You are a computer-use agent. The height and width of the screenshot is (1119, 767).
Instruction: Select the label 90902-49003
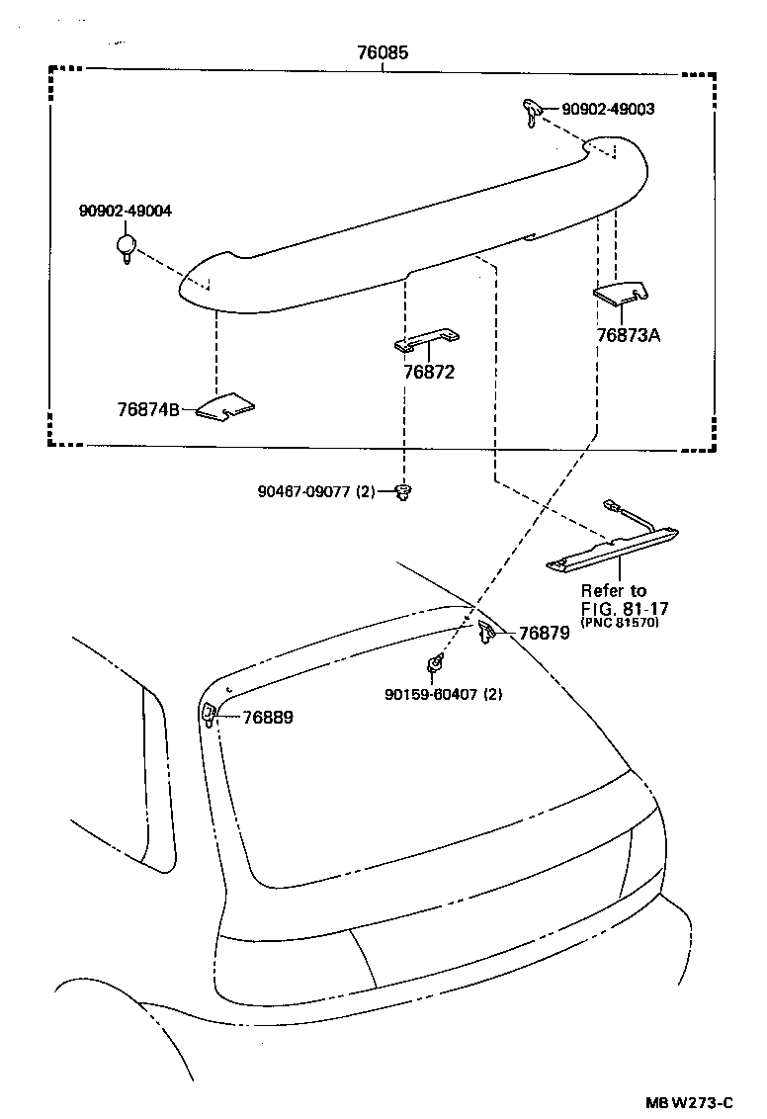coord(608,110)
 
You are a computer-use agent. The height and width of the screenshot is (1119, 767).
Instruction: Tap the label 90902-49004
coord(126,211)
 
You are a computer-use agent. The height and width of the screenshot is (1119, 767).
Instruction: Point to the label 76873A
coord(628,334)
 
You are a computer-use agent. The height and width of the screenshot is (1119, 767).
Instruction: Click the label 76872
coord(429,372)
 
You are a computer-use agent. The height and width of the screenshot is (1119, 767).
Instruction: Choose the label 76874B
coord(148,409)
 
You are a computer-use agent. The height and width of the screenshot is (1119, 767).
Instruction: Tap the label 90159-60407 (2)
coord(444,694)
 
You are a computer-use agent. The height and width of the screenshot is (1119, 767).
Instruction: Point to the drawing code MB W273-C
coord(690,1102)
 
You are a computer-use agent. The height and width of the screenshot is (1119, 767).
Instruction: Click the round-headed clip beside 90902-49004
coord(127,247)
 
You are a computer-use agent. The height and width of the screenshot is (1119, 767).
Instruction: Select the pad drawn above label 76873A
coord(621,292)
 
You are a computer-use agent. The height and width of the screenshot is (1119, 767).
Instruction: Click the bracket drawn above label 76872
coord(426,341)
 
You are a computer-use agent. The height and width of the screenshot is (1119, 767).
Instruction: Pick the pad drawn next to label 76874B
coord(224,404)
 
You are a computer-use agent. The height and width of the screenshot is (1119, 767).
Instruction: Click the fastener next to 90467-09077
coord(402,491)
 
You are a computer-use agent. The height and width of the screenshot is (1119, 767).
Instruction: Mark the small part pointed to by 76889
coord(210,714)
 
